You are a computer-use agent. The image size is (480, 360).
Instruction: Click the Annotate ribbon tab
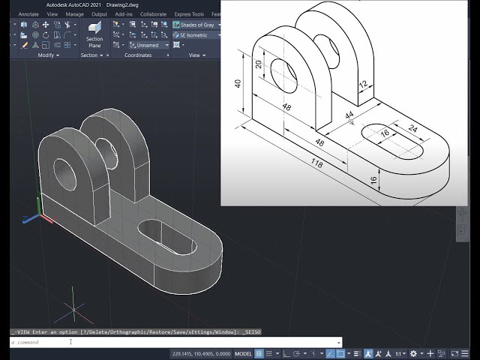(28, 13)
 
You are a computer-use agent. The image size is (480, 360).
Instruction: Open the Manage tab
(74, 13)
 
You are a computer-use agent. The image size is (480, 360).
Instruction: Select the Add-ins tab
(124, 13)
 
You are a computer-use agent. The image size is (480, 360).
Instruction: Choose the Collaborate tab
(153, 13)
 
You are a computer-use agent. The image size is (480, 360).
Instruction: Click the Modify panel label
(44, 55)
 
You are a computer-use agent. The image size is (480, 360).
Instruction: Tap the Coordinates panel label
(137, 55)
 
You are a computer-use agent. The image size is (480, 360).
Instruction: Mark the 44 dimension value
(349, 115)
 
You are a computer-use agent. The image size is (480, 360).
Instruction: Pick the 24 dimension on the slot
(412, 127)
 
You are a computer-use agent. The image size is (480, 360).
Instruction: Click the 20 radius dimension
(259, 64)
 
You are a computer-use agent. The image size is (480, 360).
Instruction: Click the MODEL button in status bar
(244, 353)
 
